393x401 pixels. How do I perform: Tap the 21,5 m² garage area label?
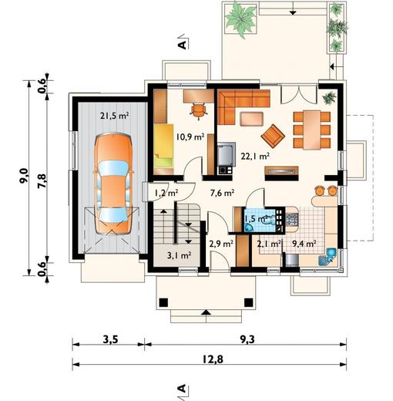pos(114,116)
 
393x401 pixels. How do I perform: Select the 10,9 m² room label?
pos(189,137)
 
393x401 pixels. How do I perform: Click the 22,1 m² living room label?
pos(255,155)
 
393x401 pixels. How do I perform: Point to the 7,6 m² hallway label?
pos(223,194)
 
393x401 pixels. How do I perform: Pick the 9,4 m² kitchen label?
pos(304,244)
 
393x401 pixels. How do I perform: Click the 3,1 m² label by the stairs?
pos(178,254)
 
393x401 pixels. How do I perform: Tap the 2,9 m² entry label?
pos(221,244)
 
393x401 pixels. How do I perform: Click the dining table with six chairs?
pos(311,128)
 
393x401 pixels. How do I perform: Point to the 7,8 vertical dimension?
pos(43,180)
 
